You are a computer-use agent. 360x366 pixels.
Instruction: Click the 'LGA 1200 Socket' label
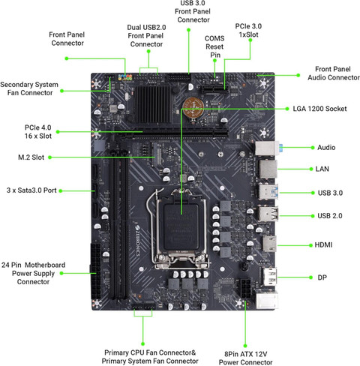point(321,109)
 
